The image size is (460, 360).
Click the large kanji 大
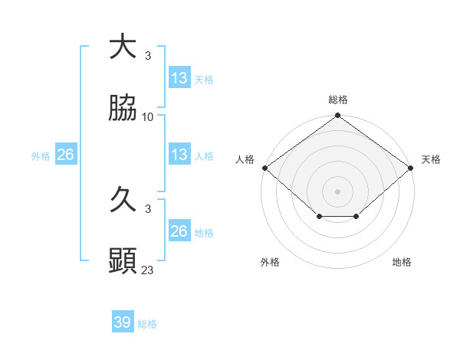click(x=123, y=47)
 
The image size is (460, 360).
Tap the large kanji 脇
click(x=123, y=110)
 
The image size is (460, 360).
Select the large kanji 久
click(x=123, y=201)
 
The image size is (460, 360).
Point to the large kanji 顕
click(x=123, y=262)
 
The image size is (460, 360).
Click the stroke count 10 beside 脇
click(x=148, y=117)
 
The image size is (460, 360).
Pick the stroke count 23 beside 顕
click(x=148, y=270)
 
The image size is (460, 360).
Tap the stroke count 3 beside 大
click(x=148, y=55)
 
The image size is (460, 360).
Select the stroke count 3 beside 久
click(x=148, y=208)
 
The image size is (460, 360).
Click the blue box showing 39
click(x=123, y=322)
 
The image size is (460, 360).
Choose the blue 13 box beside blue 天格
click(x=179, y=77)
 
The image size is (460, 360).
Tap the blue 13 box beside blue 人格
click(x=179, y=155)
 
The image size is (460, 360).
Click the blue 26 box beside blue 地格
click(x=179, y=231)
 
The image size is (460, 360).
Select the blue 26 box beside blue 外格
click(x=66, y=155)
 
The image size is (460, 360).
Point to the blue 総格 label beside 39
click(x=148, y=324)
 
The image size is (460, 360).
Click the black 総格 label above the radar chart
click(x=338, y=100)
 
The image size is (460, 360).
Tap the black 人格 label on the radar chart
click(x=245, y=159)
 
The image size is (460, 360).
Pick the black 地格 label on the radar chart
click(x=402, y=263)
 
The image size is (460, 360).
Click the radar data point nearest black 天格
click(x=412, y=168)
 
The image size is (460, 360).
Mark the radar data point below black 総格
click(x=338, y=116)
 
